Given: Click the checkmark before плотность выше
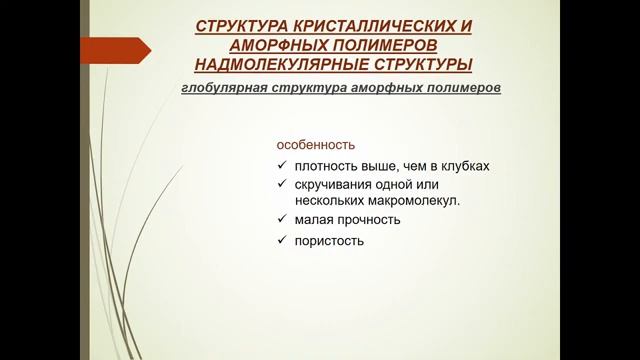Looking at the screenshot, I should (283, 166).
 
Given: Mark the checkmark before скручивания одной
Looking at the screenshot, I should (283, 185).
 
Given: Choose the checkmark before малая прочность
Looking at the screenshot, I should (283, 219).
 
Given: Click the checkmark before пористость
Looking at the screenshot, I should (283, 241).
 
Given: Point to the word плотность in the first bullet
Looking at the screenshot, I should (325, 166).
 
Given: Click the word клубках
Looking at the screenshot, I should (464, 166).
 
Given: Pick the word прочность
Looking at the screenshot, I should (368, 219).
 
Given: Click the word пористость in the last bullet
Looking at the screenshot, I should (329, 241).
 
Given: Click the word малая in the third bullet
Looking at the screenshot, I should (314, 219).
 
